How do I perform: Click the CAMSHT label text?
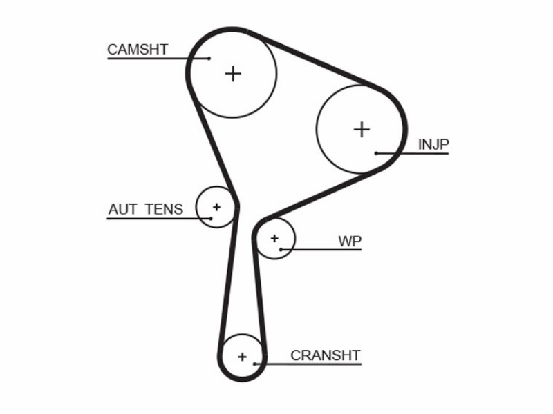(138, 50)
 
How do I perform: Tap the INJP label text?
(433, 145)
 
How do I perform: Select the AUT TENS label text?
(146, 210)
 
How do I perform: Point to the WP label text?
(350, 241)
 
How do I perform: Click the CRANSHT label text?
(325, 355)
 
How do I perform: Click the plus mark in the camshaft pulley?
(233, 74)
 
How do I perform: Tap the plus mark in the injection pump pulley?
(362, 130)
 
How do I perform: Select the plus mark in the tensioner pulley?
(216, 207)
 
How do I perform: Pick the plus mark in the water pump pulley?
(274, 239)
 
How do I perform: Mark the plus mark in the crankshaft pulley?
(243, 357)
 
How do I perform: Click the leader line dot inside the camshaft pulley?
(209, 59)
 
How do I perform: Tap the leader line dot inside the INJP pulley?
(376, 153)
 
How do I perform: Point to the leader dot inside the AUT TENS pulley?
(211, 219)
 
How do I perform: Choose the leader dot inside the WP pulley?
(281, 250)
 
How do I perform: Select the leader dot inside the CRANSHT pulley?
(254, 364)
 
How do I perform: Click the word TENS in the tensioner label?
(164, 210)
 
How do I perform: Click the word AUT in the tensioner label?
(122, 210)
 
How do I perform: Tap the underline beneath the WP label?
(321, 250)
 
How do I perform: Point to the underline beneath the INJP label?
(413, 153)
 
